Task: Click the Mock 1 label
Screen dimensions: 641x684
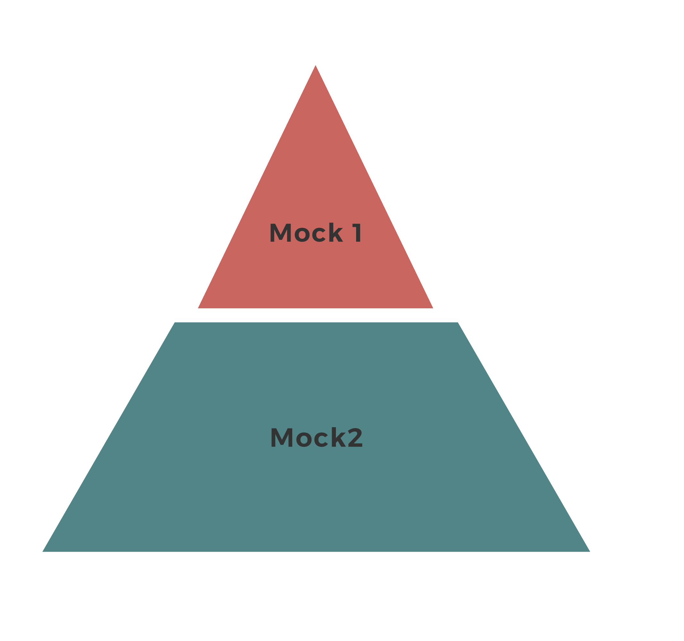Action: coord(315,233)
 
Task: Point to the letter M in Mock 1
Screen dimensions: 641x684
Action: coord(280,233)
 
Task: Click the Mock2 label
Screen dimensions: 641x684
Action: coord(316,437)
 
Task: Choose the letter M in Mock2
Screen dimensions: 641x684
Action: coord(281,437)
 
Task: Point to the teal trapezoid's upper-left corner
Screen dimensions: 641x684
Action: coord(175,323)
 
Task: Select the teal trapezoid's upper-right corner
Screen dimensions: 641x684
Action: coord(457,323)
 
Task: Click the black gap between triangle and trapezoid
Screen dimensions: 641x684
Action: coord(316,315)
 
